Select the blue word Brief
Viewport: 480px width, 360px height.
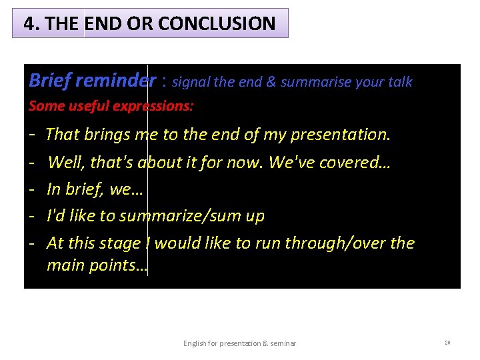click(x=49, y=81)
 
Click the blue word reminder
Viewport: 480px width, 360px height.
click(x=115, y=81)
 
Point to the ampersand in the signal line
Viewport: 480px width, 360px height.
click(x=271, y=82)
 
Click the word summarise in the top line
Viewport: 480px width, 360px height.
click(x=313, y=82)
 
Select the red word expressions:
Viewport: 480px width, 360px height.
click(x=156, y=106)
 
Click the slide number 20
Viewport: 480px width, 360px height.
click(x=447, y=343)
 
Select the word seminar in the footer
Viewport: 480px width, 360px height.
click(x=283, y=343)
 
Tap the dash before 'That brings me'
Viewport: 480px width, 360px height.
click(x=33, y=135)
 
